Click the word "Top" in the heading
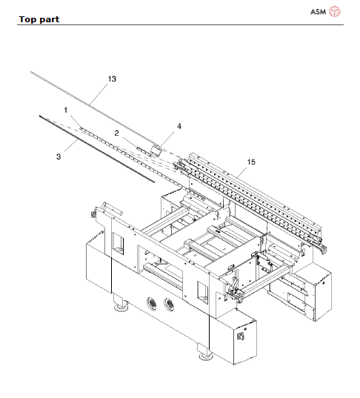click(27, 19)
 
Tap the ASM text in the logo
click(316, 12)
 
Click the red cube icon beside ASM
click(335, 12)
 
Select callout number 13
click(112, 79)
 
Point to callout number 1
click(66, 110)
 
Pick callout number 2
click(116, 132)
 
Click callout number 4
click(179, 127)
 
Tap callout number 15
click(250, 161)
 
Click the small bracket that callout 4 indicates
click(157, 150)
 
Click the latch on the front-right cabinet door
click(239, 336)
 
